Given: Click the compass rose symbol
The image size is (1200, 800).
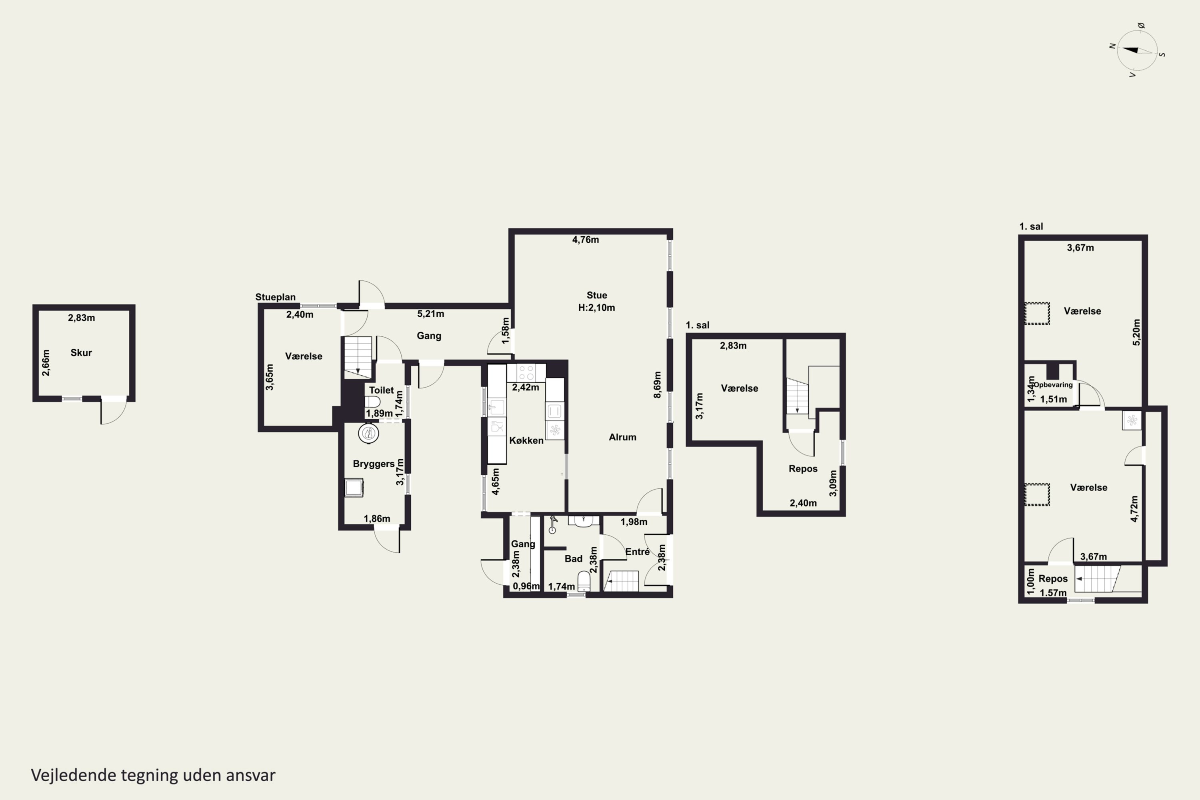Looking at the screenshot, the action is (x=1137, y=50).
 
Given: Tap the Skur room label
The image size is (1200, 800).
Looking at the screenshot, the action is (x=81, y=352).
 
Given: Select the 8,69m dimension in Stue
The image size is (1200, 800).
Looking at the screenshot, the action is (x=657, y=385).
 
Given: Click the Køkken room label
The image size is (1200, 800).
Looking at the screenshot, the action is (x=526, y=440).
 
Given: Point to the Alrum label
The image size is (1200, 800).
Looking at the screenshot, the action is (x=622, y=437).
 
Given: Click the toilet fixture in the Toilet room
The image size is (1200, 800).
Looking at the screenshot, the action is (x=372, y=402).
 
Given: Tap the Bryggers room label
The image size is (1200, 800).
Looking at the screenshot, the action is (x=374, y=464).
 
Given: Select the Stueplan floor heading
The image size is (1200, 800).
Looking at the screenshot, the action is (x=276, y=297).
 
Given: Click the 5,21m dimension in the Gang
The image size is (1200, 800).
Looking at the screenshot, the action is (x=431, y=314).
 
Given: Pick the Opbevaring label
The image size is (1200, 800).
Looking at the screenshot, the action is (x=1053, y=385).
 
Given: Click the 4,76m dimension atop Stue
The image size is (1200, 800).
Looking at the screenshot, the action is (x=586, y=240).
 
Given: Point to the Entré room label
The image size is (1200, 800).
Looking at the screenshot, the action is (x=637, y=552).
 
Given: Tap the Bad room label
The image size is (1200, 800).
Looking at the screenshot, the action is (x=574, y=559).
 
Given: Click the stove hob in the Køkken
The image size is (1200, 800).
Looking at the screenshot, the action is (x=526, y=372).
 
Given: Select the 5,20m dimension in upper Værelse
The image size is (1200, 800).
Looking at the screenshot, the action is (x=1136, y=332).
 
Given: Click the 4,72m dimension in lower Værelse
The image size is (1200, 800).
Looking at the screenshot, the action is (x=1134, y=509).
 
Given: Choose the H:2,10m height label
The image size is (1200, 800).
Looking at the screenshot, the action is (x=596, y=308).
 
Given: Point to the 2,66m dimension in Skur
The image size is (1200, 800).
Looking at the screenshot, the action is (x=46, y=363).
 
